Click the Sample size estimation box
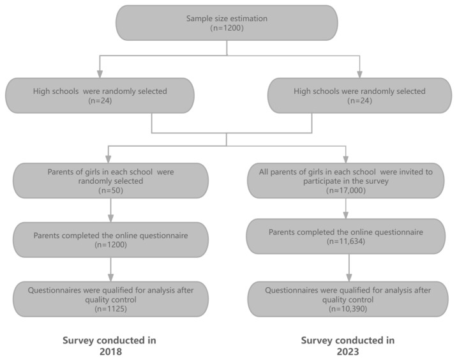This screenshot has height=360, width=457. tap(227, 23)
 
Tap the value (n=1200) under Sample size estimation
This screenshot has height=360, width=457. tap(227, 28)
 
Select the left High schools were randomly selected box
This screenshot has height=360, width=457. tap(100, 95)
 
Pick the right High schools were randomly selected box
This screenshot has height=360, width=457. tap(359, 95)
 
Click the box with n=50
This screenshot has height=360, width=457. tap(111, 181)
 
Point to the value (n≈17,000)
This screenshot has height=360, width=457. tap(346, 190)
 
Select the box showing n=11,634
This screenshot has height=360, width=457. tap(346, 236)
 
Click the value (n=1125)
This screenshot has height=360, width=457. tap(111, 309)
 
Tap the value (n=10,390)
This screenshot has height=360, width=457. tap(348, 309)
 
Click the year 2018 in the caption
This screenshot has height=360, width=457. tap(111, 352)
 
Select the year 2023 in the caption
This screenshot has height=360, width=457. tap(348, 352)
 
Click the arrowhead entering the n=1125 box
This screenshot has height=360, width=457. tap(111, 277)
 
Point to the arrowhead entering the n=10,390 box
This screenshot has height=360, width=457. tap(349, 277)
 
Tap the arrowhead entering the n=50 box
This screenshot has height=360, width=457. tap(108, 159)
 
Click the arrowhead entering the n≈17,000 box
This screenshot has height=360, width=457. tap(346, 159)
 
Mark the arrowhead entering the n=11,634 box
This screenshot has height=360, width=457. tap(346, 215)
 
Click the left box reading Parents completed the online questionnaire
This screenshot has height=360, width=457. tap(111, 239)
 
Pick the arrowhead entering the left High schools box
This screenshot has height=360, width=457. tap(100, 74)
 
